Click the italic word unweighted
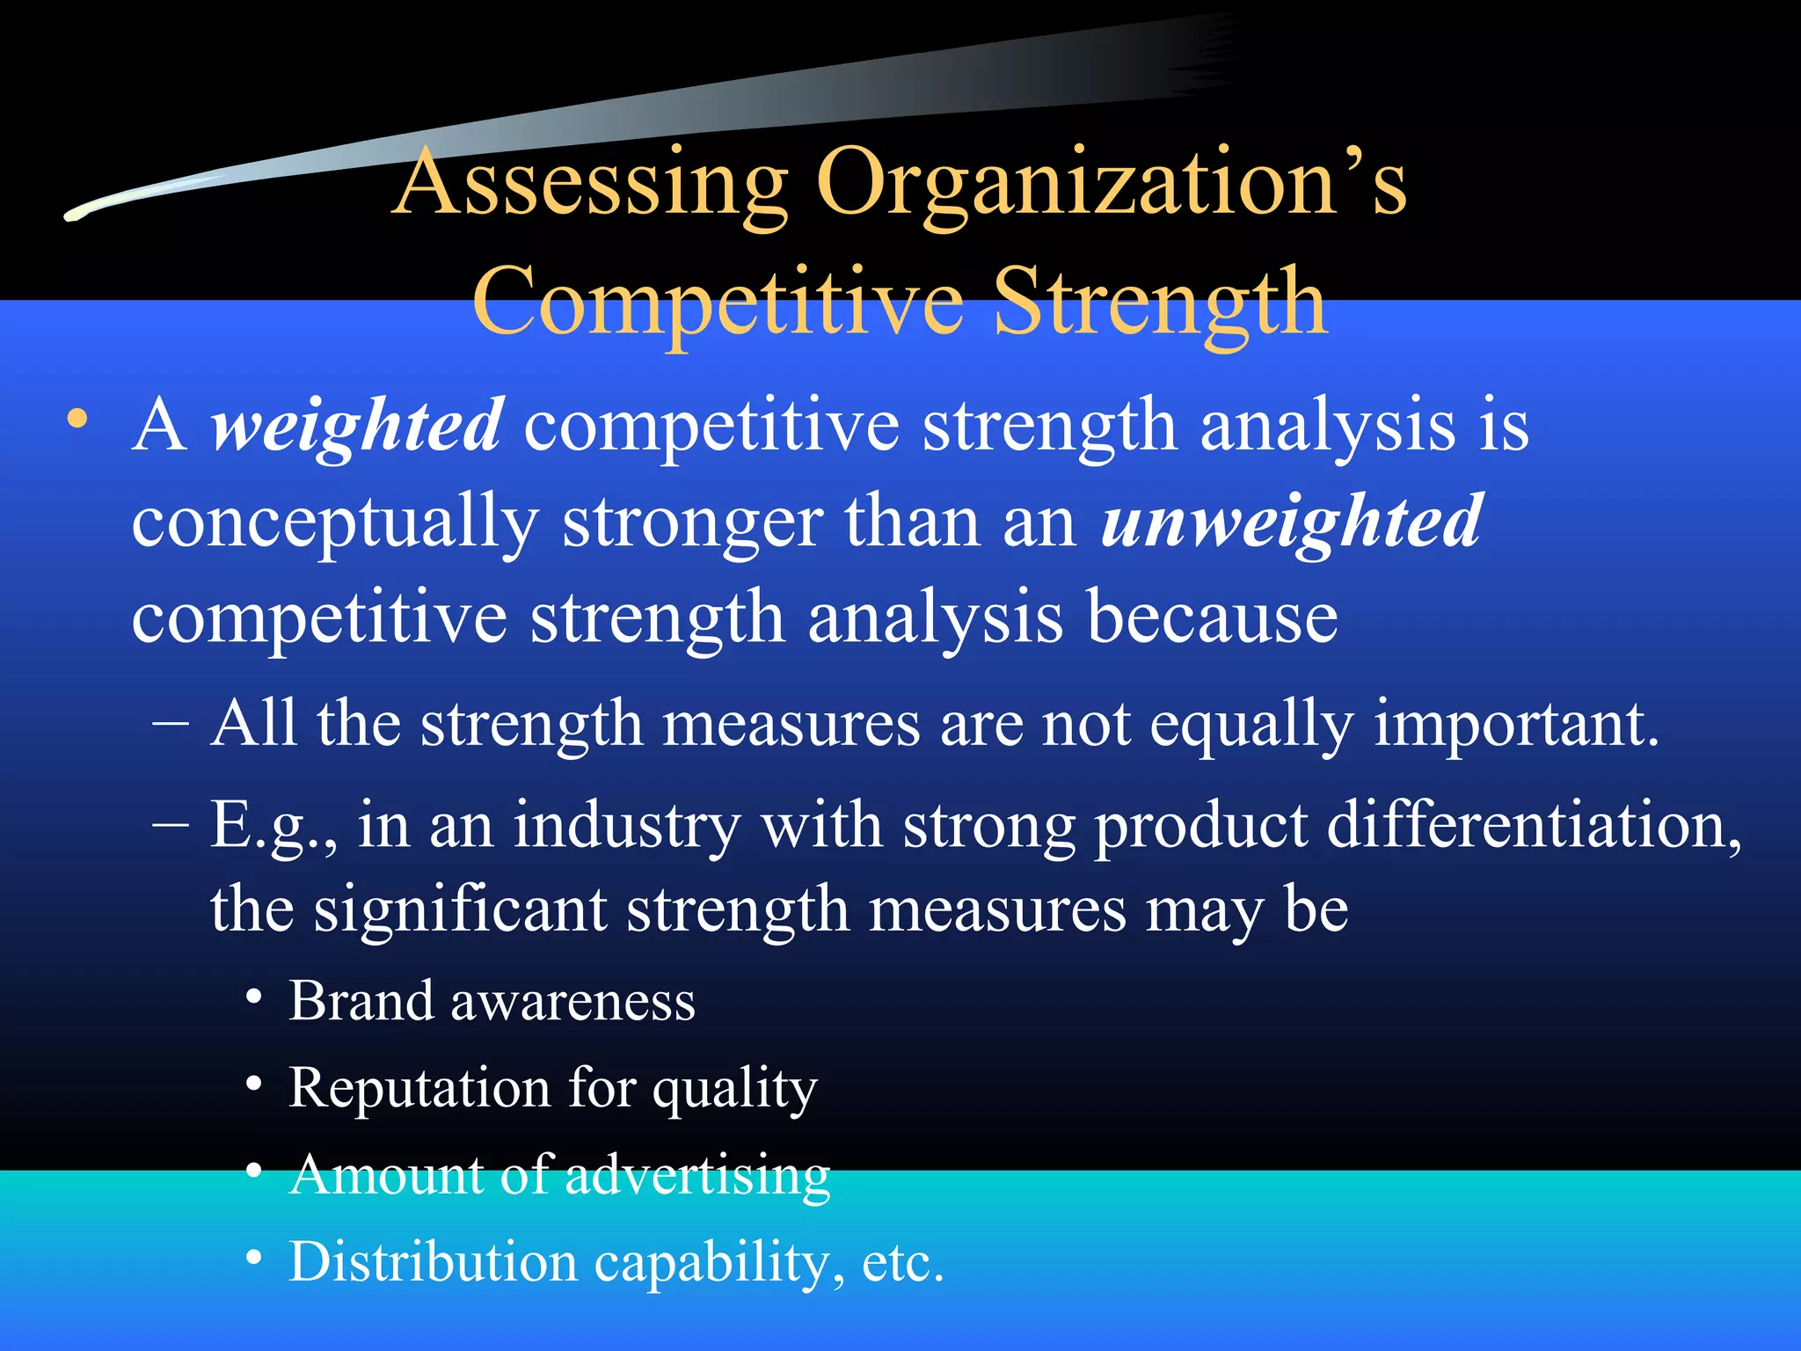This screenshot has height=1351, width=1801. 1291,522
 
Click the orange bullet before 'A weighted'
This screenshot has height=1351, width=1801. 78,420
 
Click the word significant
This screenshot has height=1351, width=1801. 461,909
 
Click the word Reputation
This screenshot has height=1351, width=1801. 419,1088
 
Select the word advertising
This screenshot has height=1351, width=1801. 696,1176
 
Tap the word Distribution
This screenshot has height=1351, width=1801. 433,1261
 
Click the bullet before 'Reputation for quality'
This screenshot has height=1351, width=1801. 254,1084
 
